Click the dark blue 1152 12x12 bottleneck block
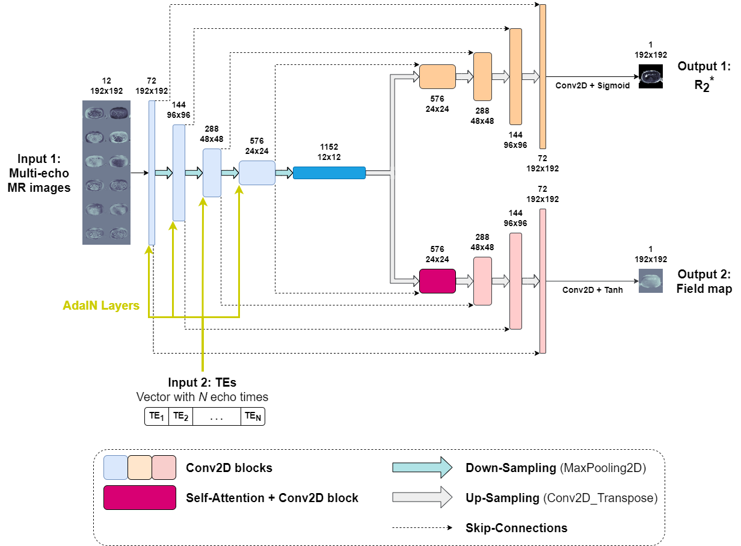click(x=329, y=173)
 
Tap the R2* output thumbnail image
click(x=650, y=77)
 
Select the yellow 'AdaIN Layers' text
click(x=101, y=305)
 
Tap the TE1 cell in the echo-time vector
click(x=156, y=416)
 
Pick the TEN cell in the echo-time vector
click(x=252, y=416)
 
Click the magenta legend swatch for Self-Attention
click(x=140, y=497)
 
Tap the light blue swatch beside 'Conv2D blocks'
click(x=115, y=467)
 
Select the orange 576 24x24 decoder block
click(x=437, y=77)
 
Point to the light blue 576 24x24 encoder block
click(x=257, y=173)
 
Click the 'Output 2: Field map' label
click(x=704, y=281)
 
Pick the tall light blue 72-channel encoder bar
click(x=152, y=173)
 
